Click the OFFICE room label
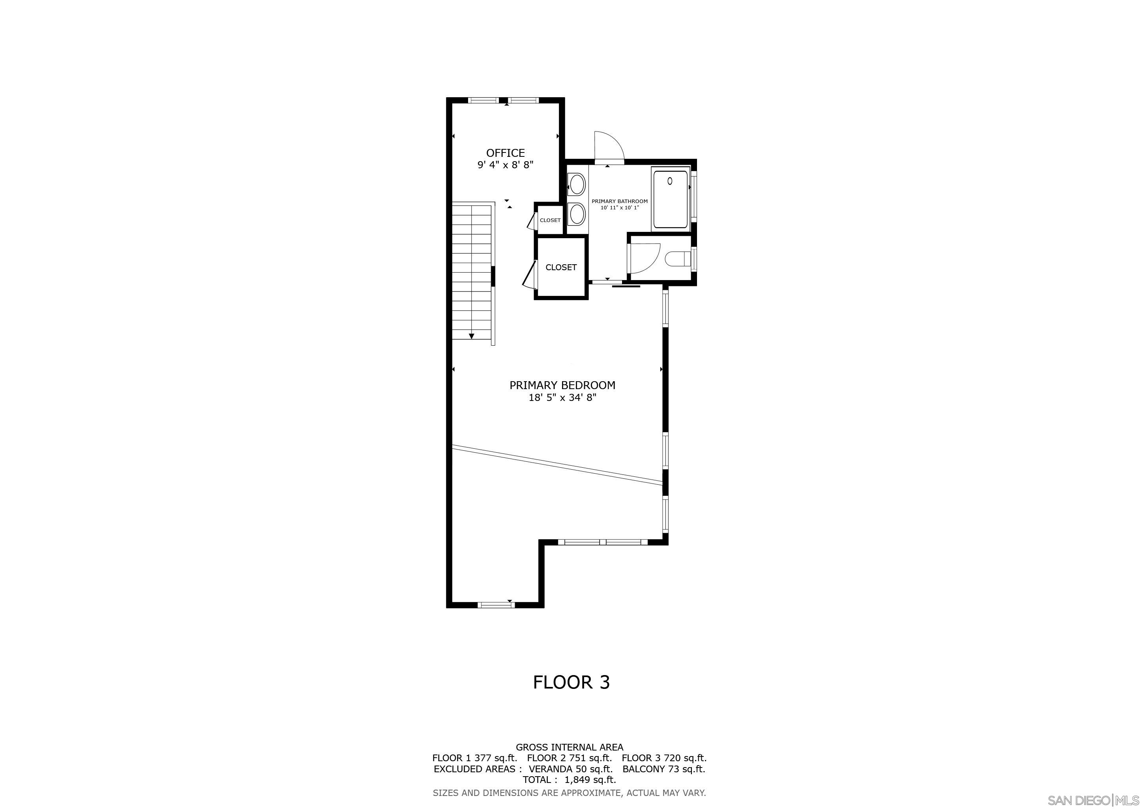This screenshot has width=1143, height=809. point(505,153)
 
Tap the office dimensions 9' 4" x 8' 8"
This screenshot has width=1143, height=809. point(505,165)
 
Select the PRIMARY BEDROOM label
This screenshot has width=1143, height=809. point(562,385)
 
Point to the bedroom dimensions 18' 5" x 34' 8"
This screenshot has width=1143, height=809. point(562,397)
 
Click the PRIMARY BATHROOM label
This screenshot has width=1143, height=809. point(619,201)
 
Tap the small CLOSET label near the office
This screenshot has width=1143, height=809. point(550,220)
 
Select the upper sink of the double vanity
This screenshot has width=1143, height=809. point(577,184)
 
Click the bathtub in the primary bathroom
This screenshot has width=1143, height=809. point(670,199)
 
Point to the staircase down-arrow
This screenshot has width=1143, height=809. point(471,336)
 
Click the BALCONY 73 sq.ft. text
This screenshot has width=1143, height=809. point(663,769)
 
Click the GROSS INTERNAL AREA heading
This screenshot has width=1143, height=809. point(569,747)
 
